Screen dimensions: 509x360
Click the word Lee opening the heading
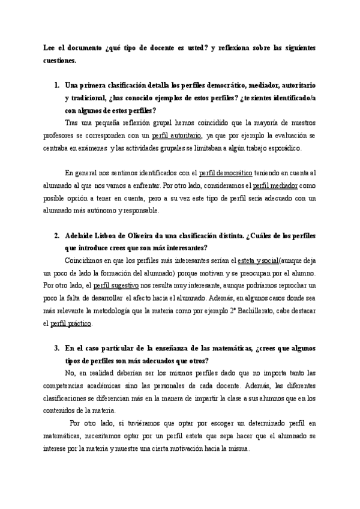coord(50,47)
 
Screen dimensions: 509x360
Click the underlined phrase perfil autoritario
coord(177,136)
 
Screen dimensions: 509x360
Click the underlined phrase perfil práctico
coord(71,324)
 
